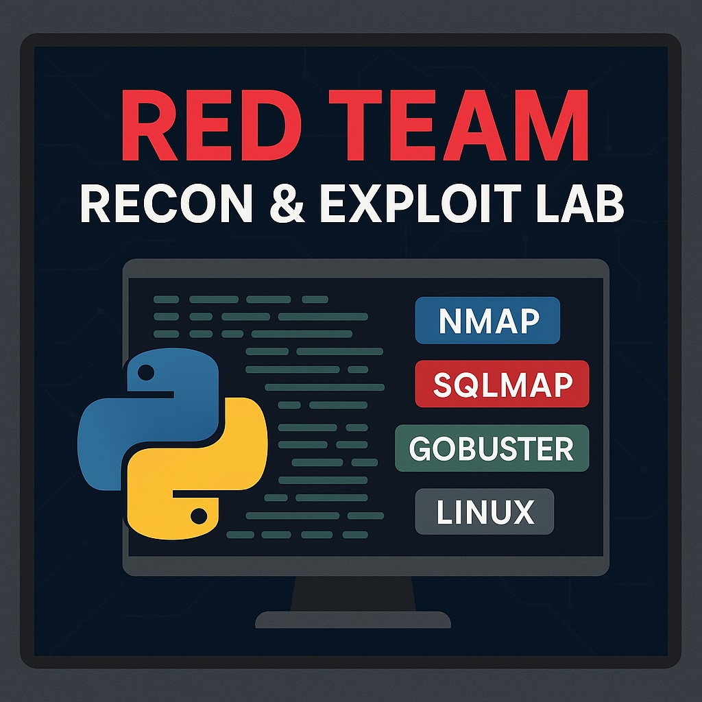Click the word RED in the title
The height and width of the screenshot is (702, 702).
click(x=211, y=125)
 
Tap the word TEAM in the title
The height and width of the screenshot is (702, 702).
click(x=459, y=125)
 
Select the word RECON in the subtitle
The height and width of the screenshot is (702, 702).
click(x=167, y=204)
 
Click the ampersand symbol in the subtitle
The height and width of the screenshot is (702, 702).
click(x=287, y=204)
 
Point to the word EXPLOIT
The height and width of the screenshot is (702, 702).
click(x=421, y=204)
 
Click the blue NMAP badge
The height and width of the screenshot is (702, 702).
click(x=487, y=320)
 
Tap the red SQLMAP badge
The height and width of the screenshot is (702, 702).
click(x=502, y=384)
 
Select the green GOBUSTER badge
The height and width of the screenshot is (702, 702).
click(x=492, y=448)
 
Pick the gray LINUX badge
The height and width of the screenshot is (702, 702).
click(x=485, y=511)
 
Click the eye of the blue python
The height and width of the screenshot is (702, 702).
click(x=146, y=372)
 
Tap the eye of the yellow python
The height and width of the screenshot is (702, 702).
click(x=199, y=516)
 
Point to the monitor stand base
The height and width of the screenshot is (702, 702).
click(x=353, y=620)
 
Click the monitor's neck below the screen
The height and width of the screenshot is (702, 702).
click(x=353, y=593)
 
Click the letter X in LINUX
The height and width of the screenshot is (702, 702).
click(x=522, y=511)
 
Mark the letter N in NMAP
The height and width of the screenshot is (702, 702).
click(x=450, y=321)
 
